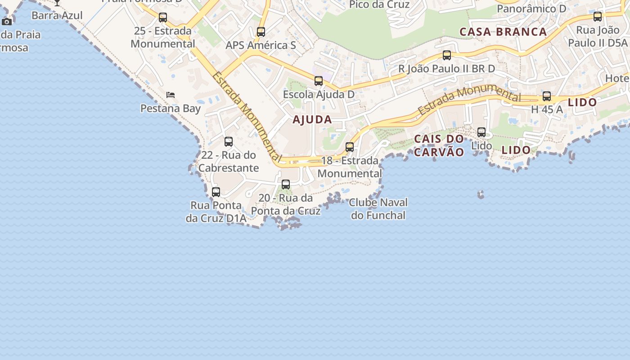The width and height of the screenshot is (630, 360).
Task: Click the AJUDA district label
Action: point(312,120)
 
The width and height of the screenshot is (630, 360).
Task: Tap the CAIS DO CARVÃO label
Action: point(439,145)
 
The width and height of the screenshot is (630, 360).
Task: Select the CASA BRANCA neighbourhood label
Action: point(503,32)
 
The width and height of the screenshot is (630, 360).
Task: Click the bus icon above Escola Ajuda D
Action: point(319,81)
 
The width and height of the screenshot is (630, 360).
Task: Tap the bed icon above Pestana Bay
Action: point(171,94)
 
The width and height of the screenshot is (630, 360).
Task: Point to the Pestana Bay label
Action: point(171,108)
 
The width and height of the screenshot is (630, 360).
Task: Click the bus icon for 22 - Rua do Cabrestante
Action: point(229,142)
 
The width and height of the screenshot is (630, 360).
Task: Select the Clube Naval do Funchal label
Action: point(378,209)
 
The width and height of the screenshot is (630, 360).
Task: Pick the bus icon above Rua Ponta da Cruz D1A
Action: point(216,192)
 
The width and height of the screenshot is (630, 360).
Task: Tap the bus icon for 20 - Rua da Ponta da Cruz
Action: point(286,184)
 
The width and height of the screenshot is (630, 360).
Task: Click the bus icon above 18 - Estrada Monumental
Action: point(350,147)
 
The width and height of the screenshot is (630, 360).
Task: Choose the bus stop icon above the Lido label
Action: point(481,132)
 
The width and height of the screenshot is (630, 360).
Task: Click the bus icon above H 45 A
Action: point(547,96)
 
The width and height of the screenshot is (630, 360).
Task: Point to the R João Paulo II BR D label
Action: point(446,69)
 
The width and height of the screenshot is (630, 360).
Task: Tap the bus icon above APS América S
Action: point(261,32)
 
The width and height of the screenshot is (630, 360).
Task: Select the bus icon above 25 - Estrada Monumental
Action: point(163,18)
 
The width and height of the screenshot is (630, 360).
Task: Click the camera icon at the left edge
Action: point(7,22)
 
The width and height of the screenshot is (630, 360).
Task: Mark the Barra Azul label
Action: point(57,15)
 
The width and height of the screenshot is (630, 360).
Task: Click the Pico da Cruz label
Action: point(379,5)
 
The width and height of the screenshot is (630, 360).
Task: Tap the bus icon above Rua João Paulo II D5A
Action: point(598,17)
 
